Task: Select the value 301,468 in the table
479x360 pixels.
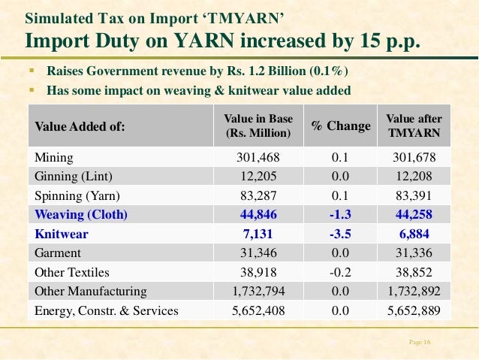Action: (x=258, y=157)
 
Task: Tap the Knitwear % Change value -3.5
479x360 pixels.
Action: (x=340, y=234)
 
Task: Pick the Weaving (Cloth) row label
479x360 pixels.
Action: (x=82, y=214)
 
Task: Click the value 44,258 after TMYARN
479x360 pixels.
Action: (x=414, y=214)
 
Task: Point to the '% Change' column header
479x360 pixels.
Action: (x=341, y=126)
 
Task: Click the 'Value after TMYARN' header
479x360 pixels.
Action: (x=414, y=126)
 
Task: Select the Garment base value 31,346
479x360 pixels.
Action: (x=258, y=253)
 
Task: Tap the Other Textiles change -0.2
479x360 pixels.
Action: (x=340, y=272)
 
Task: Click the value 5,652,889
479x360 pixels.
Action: (x=414, y=310)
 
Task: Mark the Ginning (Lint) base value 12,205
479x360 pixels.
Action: (x=258, y=176)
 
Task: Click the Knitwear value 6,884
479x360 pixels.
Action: (x=414, y=234)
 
